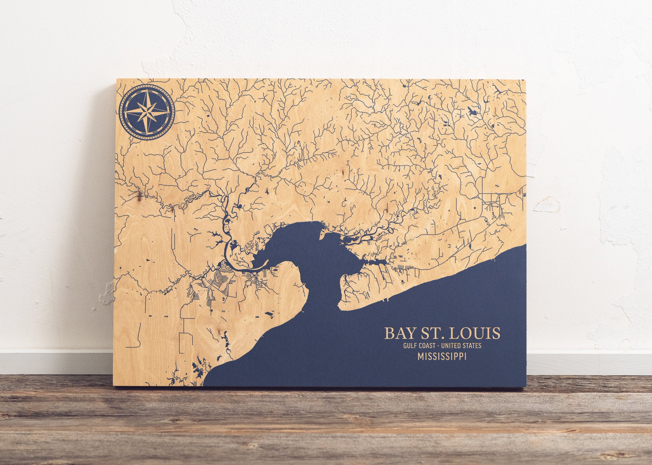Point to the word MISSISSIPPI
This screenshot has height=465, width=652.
coord(442,356)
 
